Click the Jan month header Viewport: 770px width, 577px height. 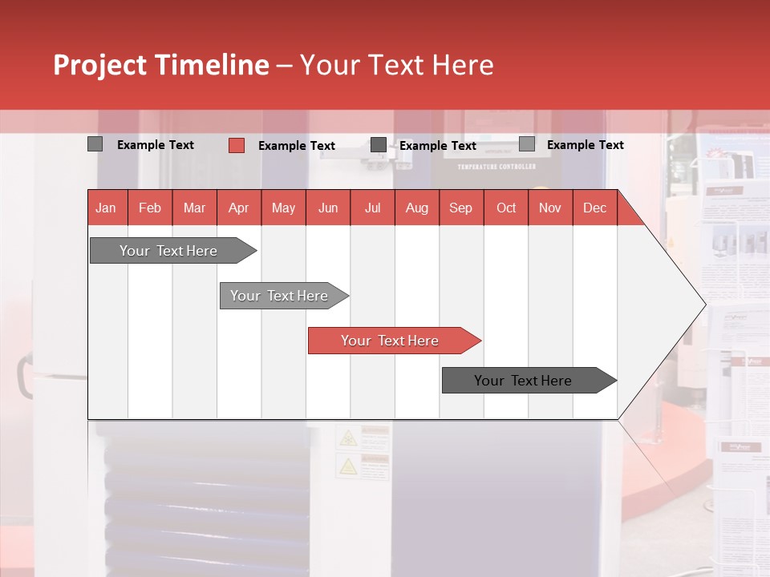[x=106, y=208]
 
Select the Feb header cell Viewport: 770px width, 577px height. [x=150, y=208]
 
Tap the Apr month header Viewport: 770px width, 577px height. [x=238, y=208]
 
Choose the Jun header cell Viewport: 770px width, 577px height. [x=328, y=208]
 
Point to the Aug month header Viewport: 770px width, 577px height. [x=416, y=208]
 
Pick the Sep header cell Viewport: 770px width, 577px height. [x=460, y=208]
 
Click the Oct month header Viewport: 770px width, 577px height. [x=506, y=208]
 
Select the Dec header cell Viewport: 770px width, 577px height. [x=594, y=208]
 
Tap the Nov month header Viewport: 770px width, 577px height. [x=550, y=208]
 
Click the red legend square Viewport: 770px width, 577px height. [x=236, y=145]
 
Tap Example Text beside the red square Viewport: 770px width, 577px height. [x=296, y=146]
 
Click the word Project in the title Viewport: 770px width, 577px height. [x=100, y=65]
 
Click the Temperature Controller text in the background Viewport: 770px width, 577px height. [x=496, y=167]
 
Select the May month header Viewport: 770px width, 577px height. [x=283, y=208]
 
